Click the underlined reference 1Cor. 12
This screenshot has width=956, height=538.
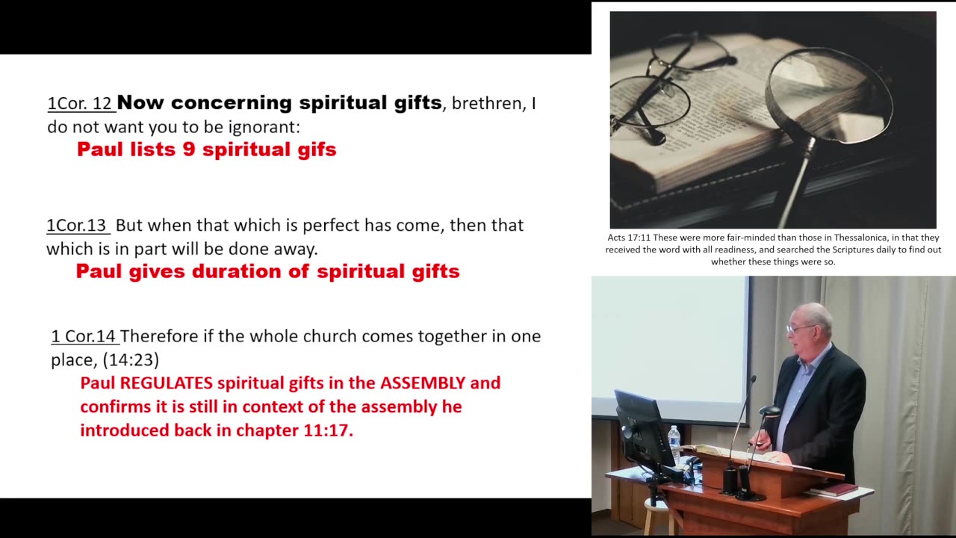79,103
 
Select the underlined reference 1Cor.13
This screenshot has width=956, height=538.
78,225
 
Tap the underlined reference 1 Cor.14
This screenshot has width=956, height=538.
84,336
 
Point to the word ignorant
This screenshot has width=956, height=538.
264,127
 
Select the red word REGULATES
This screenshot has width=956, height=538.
167,383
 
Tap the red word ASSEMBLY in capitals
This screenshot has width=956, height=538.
423,383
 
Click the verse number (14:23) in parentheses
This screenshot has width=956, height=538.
131,360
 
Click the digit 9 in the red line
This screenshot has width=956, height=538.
189,149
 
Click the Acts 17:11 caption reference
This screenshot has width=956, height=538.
628,238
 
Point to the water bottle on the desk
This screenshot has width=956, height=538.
674,443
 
